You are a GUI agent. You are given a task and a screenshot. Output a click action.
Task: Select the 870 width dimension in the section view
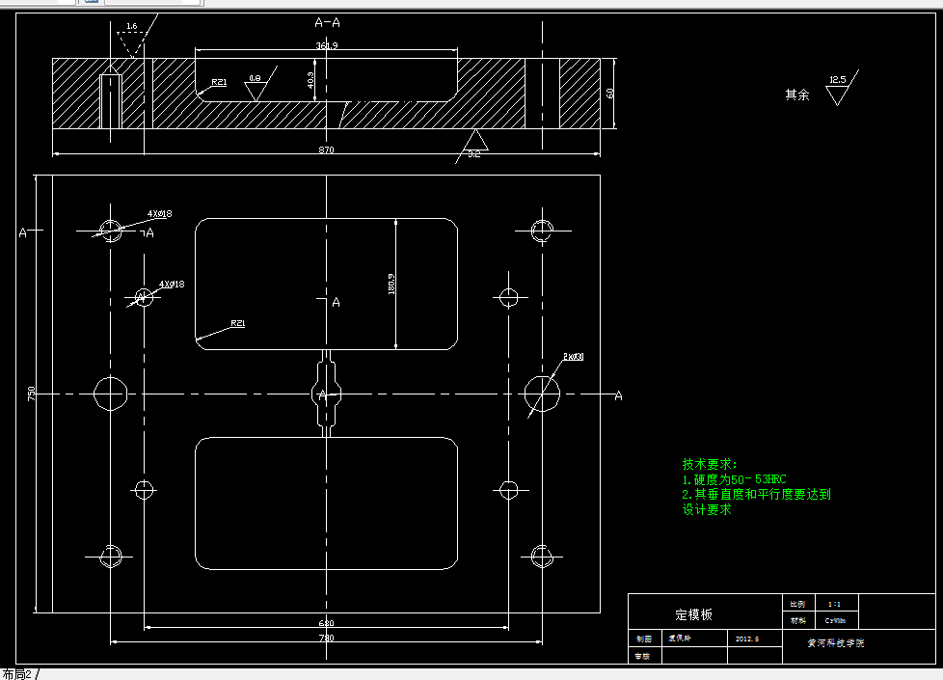click(x=326, y=150)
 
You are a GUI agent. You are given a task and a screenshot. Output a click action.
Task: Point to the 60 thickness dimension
click(x=610, y=93)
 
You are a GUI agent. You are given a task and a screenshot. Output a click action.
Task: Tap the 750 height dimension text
click(x=32, y=394)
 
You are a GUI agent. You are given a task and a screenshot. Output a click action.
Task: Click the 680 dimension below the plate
click(x=326, y=623)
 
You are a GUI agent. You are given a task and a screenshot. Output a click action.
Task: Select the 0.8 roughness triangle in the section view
click(x=256, y=90)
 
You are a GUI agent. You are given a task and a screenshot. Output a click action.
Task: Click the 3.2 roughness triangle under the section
click(x=476, y=142)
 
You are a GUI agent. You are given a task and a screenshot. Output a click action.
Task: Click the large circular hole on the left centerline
click(x=111, y=394)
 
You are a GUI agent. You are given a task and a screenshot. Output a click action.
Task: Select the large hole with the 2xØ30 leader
click(x=541, y=393)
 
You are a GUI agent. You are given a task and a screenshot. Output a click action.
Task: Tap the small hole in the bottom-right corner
click(x=541, y=556)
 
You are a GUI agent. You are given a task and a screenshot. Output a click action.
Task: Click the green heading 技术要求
click(x=710, y=464)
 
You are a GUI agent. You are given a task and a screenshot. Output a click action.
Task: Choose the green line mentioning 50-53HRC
click(x=735, y=478)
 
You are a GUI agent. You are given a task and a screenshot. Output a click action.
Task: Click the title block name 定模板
click(x=693, y=614)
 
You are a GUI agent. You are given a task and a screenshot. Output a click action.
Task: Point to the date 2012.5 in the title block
click(x=747, y=639)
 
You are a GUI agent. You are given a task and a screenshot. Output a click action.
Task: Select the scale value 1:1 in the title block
click(x=834, y=603)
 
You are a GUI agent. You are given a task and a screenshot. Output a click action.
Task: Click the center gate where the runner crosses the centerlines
click(x=326, y=394)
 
